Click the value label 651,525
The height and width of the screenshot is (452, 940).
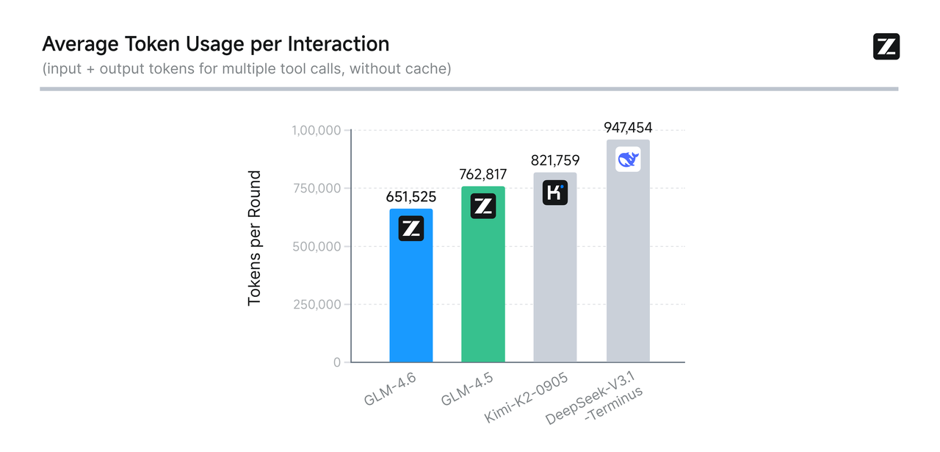point(411,197)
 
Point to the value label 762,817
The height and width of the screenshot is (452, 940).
point(482,175)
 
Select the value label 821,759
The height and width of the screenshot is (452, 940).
point(555,161)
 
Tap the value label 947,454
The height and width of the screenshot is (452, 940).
point(628,128)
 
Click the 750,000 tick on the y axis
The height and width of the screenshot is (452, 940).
point(317,189)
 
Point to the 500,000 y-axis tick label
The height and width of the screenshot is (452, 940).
point(317,247)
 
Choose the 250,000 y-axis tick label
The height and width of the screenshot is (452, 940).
point(317,305)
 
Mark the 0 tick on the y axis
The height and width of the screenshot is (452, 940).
point(337,363)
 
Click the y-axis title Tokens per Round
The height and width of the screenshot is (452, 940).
point(254,238)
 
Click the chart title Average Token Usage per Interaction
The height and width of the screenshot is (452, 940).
point(216,44)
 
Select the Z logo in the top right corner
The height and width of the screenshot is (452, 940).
point(886,46)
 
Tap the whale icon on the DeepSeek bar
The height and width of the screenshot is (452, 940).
point(628,159)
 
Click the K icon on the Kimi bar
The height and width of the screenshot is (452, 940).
point(555,193)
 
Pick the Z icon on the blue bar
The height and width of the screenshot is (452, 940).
point(411,229)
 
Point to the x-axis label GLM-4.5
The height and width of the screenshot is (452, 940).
point(466,389)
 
